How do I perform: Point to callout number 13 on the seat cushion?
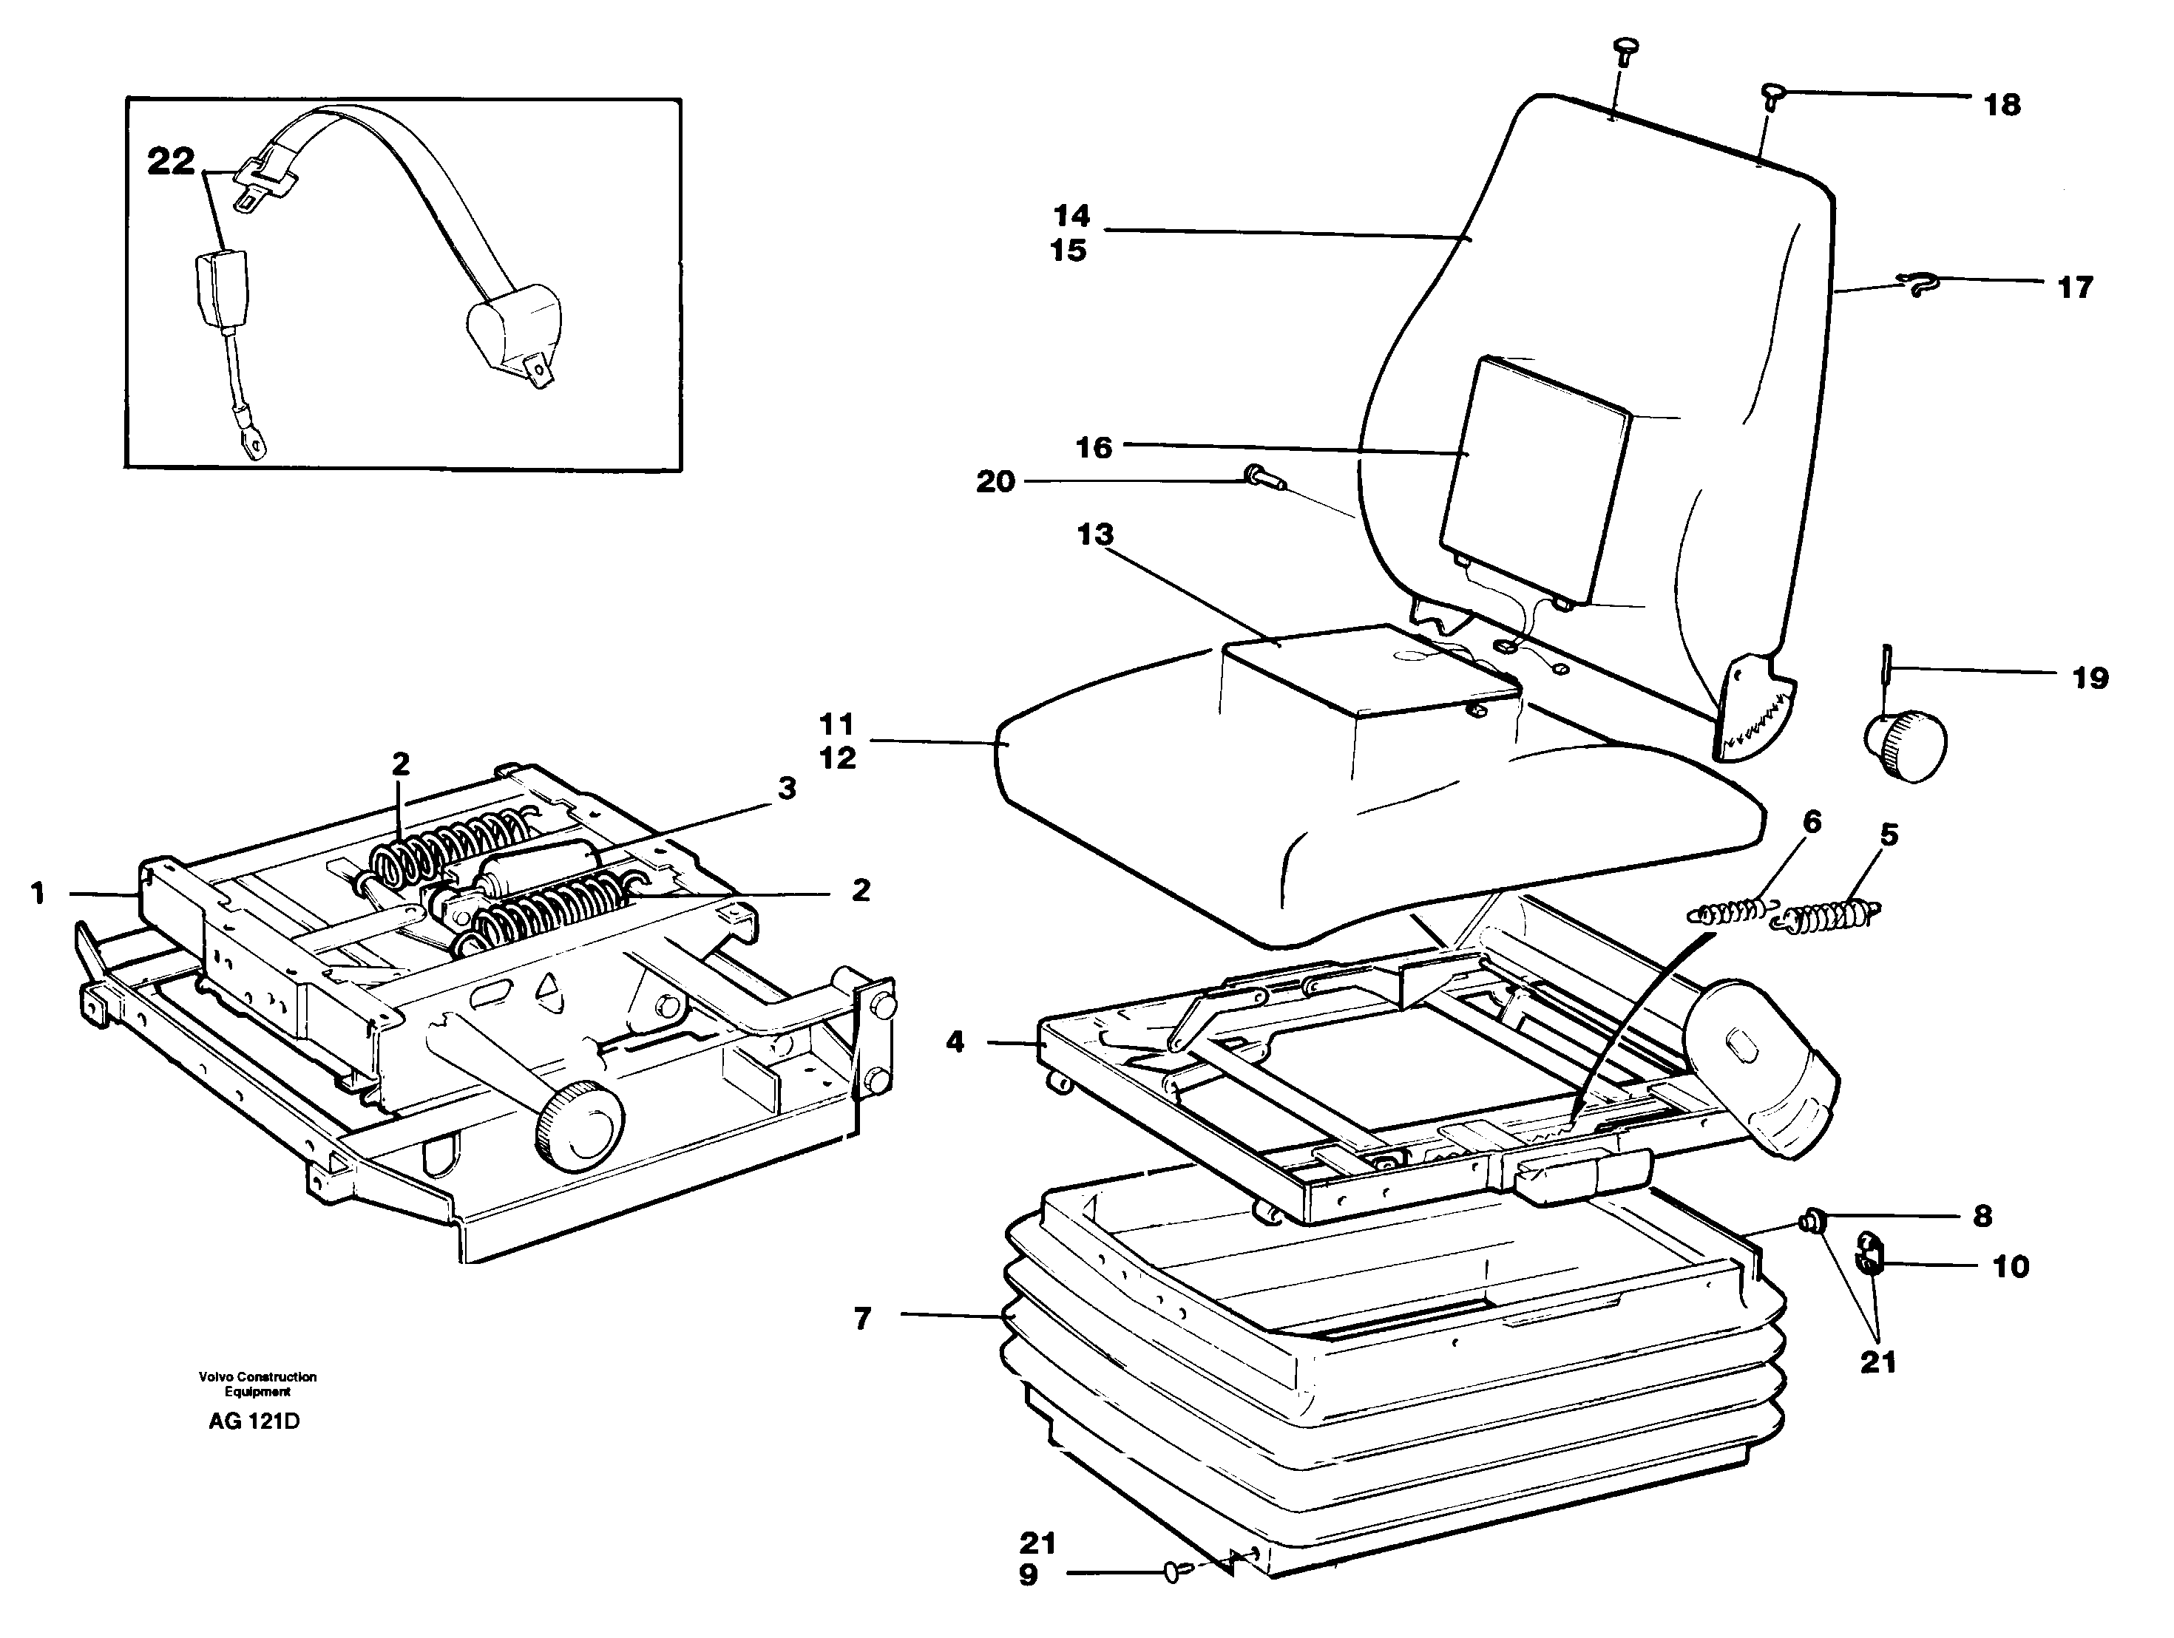pos(1095,534)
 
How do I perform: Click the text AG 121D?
pos(254,1422)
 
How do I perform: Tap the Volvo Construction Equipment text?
pos(257,1384)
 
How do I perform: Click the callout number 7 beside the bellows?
pos(863,1319)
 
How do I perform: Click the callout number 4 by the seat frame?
pos(955,1041)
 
